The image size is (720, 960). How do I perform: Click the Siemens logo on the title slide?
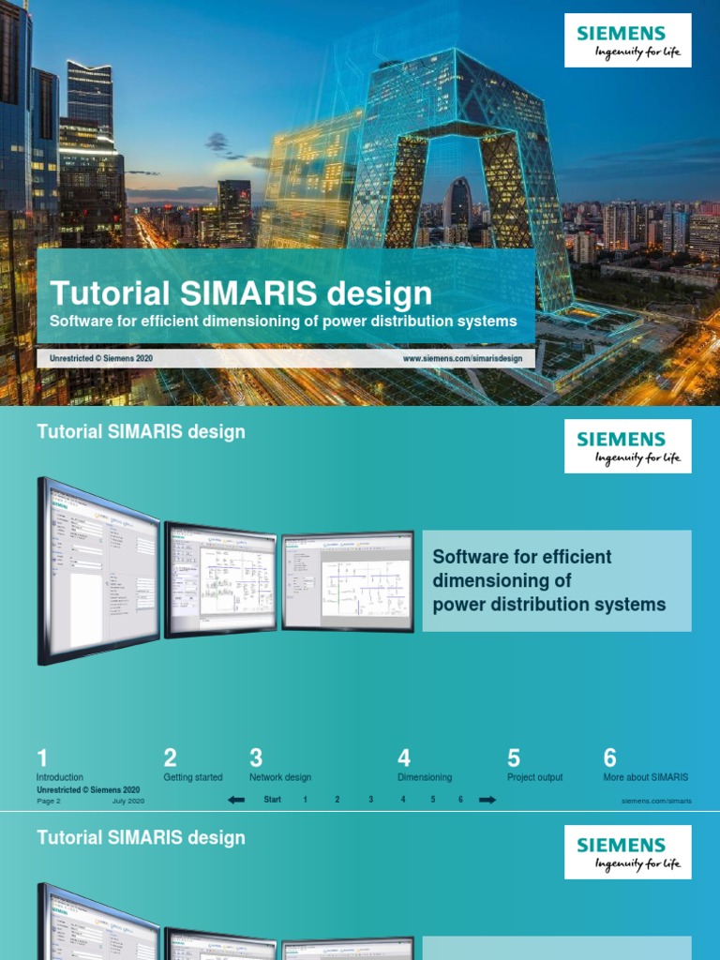click(627, 40)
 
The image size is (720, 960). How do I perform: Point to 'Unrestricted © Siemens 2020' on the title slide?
click(100, 358)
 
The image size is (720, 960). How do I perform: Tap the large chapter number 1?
click(42, 757)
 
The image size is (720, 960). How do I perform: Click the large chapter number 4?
click(404, 757)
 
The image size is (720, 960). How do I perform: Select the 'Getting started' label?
click(193, 777)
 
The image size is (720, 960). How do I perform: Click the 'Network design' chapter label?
click(280, 777)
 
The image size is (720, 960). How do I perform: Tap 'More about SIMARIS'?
click(645, 777)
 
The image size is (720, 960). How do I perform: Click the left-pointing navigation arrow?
click(236, 800)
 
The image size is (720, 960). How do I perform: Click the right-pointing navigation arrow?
click(487, 800)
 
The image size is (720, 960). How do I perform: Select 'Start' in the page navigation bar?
click(273, 800)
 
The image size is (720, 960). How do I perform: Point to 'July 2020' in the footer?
click(128, 802)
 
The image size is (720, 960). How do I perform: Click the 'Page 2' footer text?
click(49, 802)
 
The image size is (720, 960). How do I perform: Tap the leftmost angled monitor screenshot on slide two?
click(98, 572)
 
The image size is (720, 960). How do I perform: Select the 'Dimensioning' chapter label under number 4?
click(425, 777)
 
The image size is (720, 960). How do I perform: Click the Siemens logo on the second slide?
click(627, 446)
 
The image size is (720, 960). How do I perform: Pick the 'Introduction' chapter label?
click(60, 777)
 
